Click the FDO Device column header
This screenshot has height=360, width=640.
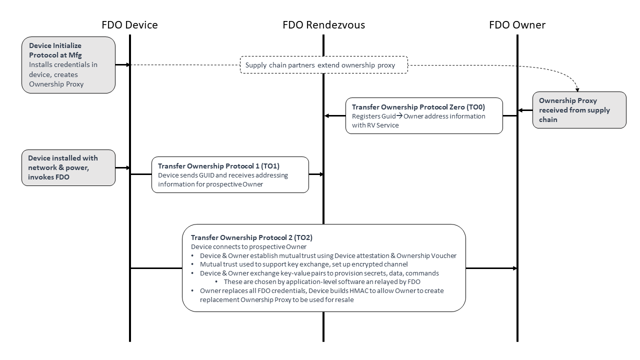129,25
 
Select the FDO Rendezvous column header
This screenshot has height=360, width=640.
323,25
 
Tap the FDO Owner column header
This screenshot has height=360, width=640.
517,25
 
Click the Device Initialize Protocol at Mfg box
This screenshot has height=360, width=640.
68,64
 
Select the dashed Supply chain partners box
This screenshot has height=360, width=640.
323,65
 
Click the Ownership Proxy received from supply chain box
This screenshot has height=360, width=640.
579,110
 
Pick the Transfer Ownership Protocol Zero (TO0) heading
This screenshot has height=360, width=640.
418,107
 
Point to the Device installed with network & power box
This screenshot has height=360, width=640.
68,167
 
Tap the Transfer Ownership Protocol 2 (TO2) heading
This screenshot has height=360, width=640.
251,237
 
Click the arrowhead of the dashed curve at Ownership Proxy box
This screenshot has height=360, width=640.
578,88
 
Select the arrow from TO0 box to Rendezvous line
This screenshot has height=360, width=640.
334,116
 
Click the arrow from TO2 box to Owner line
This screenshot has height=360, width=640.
491,268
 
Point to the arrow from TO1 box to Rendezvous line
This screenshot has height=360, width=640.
316,174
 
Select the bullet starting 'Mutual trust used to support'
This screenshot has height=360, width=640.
303,264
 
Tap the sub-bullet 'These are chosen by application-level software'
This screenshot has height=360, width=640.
322,281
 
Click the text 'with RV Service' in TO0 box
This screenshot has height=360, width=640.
375,125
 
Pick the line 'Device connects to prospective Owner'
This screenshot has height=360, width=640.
248,246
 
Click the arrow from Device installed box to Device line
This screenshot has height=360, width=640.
122,168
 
